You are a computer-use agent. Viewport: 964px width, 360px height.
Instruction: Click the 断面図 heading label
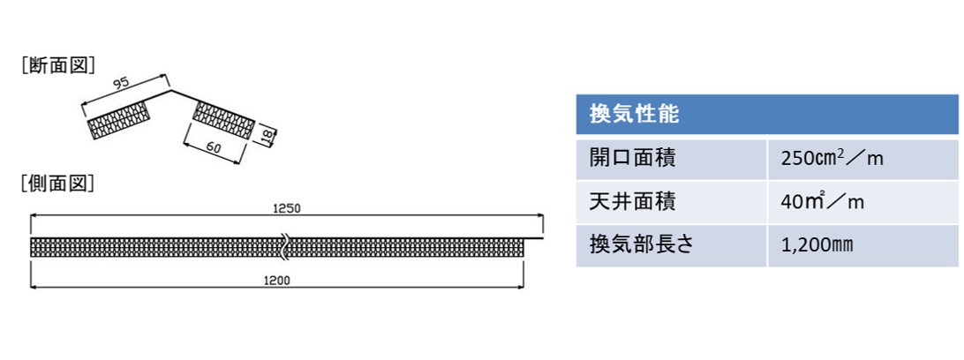point(57,65)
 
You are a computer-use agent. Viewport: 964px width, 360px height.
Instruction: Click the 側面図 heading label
point(57,183)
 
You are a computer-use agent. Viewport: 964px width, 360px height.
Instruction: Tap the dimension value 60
point(215,147)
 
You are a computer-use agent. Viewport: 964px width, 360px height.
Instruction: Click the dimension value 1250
point(287,208)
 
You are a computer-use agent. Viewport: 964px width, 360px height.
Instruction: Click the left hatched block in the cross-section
point(118,120)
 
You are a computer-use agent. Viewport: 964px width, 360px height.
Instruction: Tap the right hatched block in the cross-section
point(224,120)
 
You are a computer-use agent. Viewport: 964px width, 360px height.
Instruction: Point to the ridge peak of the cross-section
point(171,91)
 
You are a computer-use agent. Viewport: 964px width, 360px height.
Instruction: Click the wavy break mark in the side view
point(284,246)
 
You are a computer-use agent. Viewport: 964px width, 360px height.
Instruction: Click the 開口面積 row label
point(632,159)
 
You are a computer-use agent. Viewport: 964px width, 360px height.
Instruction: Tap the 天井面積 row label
point(632,201)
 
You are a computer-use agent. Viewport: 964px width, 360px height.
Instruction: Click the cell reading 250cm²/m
point(832,159)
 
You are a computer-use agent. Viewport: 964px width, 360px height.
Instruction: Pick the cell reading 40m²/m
point(823,201)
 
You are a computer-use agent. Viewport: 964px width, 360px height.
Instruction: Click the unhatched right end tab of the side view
point(533,237)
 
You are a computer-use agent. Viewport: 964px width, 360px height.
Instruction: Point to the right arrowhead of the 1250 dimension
point(539,215)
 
